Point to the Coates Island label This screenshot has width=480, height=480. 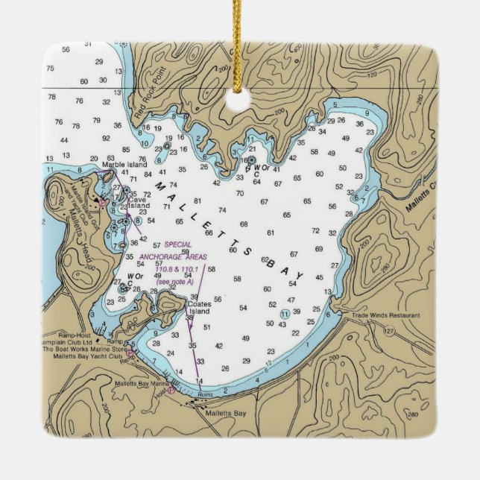[x=200, y=304]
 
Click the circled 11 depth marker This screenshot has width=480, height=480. [x=285, y=312]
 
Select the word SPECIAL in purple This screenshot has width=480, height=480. [x=178, y=244]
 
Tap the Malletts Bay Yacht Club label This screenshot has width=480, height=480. [x=83, y=356]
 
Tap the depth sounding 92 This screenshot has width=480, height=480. [x=106, y=138]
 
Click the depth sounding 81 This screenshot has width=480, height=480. [x=198, y=200]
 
